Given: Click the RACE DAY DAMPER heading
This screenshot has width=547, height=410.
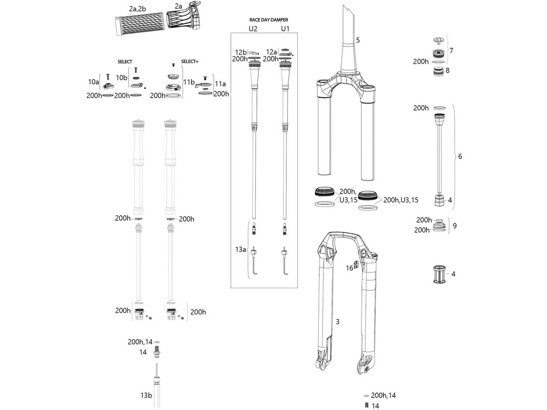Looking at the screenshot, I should coord(268,20).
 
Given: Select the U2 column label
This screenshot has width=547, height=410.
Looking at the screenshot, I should coord(253,29).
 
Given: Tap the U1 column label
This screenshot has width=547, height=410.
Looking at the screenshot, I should coord(285,29).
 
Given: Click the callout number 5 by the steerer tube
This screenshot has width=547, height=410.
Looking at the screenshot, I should coord(358,40).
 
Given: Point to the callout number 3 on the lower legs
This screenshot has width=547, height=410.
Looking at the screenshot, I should coord(338,322).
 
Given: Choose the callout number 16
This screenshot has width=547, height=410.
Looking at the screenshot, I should coord(350,268).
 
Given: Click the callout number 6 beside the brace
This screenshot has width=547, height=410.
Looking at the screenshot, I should coord(460,156).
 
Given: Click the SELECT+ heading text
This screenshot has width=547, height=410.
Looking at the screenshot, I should coord(190,61).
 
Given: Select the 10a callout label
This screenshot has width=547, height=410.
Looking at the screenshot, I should coord(93,82).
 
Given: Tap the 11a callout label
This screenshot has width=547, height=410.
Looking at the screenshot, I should coord(221,84).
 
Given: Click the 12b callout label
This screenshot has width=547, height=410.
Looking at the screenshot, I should coord(241,52).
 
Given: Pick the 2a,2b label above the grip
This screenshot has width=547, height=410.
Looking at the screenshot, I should coord(138,9).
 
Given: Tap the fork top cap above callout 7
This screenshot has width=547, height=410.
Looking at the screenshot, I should coord(438,40).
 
